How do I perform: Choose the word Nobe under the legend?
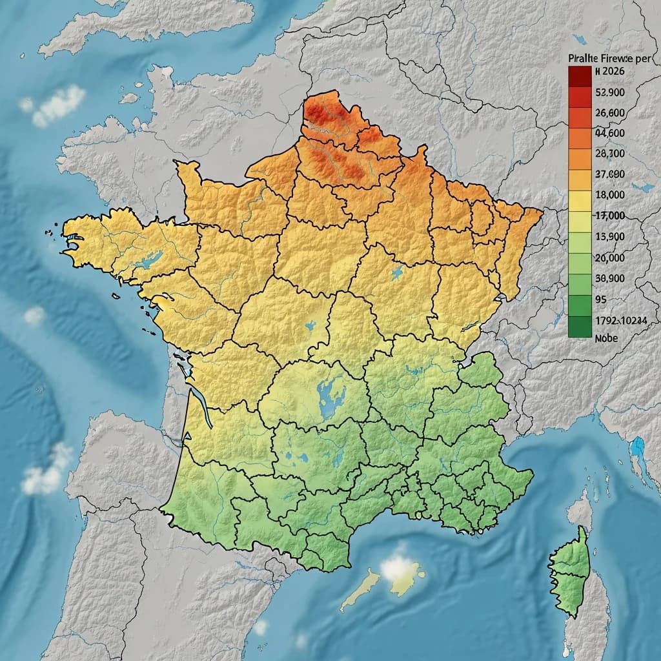(x=606, y=338)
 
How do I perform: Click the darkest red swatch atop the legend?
(x=580, y=77)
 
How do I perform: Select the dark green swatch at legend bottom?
(x=580, y=327)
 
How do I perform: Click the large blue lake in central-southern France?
(x=331, y=400)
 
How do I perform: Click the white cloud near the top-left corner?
(x=58, y=105)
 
